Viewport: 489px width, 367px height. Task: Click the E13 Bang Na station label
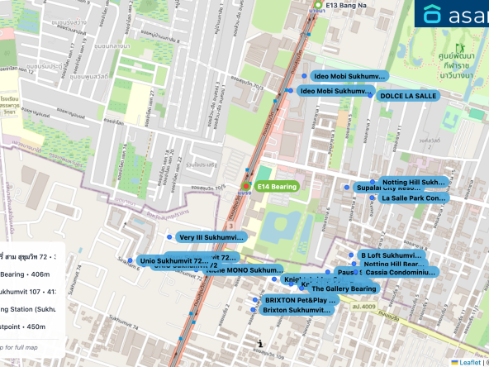346,5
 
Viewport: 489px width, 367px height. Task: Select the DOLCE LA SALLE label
407,96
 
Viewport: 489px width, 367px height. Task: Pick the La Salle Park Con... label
414,198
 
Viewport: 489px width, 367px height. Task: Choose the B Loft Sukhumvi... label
391,255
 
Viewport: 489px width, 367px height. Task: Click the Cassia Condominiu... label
400,272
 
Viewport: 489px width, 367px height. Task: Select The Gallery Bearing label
344,288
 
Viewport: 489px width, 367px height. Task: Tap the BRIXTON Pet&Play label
301,300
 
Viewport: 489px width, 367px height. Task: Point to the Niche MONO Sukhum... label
245,270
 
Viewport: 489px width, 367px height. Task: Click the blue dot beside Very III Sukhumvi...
169,237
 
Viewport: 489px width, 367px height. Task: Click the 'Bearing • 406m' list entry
24,274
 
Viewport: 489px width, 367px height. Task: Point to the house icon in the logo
433,14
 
